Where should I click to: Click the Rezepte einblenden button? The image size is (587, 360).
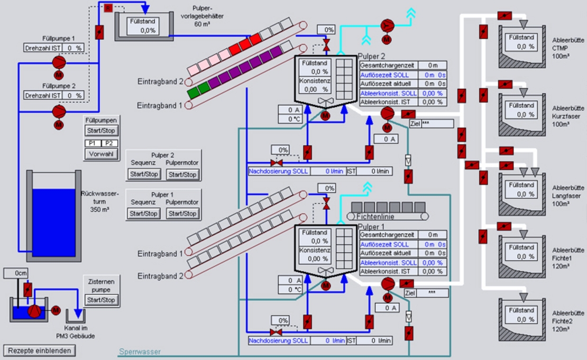point(40,350)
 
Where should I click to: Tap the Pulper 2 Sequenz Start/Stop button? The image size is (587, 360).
point(144,174)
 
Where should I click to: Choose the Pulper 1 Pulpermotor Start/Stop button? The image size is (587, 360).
point(182,214)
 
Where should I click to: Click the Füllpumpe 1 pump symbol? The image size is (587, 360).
point(59,61)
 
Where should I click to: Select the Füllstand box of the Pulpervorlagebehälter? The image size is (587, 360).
point(141,26)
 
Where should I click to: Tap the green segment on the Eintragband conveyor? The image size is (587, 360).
point(194,91)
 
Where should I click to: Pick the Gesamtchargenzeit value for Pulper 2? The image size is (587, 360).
point(433,65)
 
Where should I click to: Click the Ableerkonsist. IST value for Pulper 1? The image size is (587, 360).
point(432,272)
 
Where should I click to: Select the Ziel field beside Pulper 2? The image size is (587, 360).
point(437,124)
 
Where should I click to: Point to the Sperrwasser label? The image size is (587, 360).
point(139,352)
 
